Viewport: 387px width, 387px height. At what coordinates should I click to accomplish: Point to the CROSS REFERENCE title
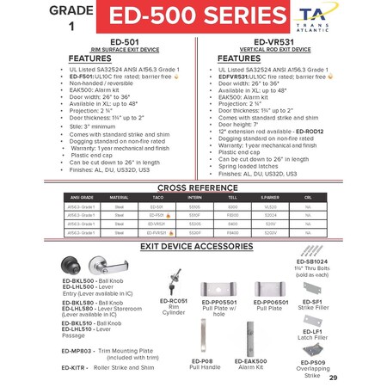[x=193, y=187]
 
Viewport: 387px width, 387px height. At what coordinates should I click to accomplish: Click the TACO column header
[x=157, y=197]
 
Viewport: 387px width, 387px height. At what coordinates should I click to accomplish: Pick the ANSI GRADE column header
[x=83, y=197]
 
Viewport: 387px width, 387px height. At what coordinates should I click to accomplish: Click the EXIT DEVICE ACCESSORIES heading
[x=193, y=246]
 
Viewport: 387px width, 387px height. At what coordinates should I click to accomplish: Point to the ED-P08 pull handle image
[x=201, y=336]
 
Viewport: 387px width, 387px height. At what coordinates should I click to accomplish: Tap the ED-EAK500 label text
[x=250, y=362]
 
